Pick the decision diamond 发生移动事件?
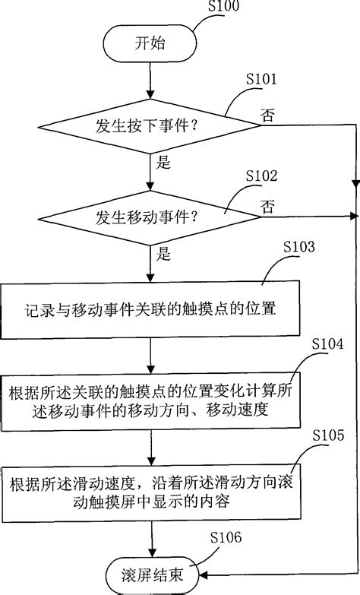[x=152, y=217]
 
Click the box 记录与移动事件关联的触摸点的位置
[x=152, y=311]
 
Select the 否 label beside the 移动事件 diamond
[x=267, y=206]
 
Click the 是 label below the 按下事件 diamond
[x=163, y=162]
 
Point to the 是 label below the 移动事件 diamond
[x=163, y=252]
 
